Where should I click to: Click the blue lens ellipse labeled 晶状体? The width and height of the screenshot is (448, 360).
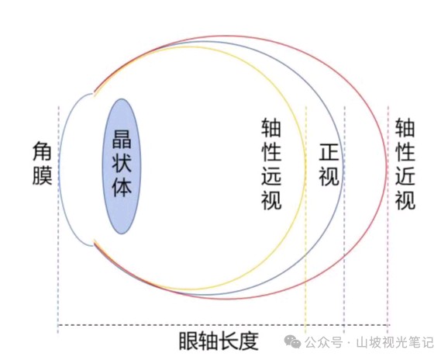click(x=122, y=166)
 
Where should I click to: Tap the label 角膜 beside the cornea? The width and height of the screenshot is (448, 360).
click(x=42, y=164)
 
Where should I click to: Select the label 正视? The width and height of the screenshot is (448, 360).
click(x=329, y=165)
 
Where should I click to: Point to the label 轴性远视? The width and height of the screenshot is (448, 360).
click(x=271, y=164)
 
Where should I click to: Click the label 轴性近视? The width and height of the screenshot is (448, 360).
click(x=405, y=164)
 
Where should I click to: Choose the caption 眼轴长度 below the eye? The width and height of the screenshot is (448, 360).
click(x=219, y=341)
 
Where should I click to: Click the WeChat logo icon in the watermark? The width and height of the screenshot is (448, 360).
click(x=292, y=341)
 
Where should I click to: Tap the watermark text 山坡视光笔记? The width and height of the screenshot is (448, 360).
click(x=395, y=342)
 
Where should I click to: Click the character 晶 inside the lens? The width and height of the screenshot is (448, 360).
click(x=122, y=139)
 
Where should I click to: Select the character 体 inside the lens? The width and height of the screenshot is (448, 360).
click(x=122, y=188)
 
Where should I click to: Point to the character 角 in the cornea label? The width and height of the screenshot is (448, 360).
click(x=42, y=151)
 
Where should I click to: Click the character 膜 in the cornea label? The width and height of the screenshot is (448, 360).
click(x=42, y=176)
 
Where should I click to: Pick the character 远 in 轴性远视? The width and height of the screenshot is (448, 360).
click(x=271, y=176)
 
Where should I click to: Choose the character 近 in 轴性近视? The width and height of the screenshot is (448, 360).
click(x=405, y=176)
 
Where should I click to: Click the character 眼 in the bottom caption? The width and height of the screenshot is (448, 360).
click(x=188, y=341)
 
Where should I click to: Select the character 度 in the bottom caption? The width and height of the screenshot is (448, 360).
click(x=249, y=341)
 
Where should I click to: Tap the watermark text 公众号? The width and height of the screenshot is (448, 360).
click(x=323, y=342)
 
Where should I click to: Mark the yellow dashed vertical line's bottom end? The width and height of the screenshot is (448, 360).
click(x=305, y=334)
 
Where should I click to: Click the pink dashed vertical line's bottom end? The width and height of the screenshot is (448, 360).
click(x=388, y=334)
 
